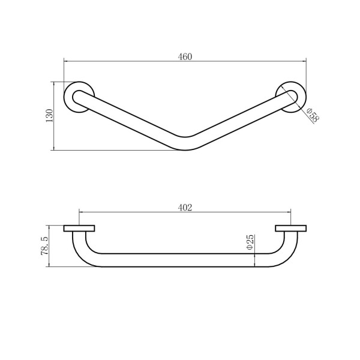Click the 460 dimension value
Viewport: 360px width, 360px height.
[x=185, y=57]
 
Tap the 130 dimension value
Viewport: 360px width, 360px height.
[x=49, y=115]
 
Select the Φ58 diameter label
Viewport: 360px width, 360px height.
[x=313, y=115]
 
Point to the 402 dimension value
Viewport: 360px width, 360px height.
[x=185, y=208]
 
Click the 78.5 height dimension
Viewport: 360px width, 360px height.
[x=44, y=246]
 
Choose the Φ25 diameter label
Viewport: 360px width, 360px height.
[x=250, y=242]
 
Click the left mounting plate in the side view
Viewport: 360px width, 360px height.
[x=79, y=229]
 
